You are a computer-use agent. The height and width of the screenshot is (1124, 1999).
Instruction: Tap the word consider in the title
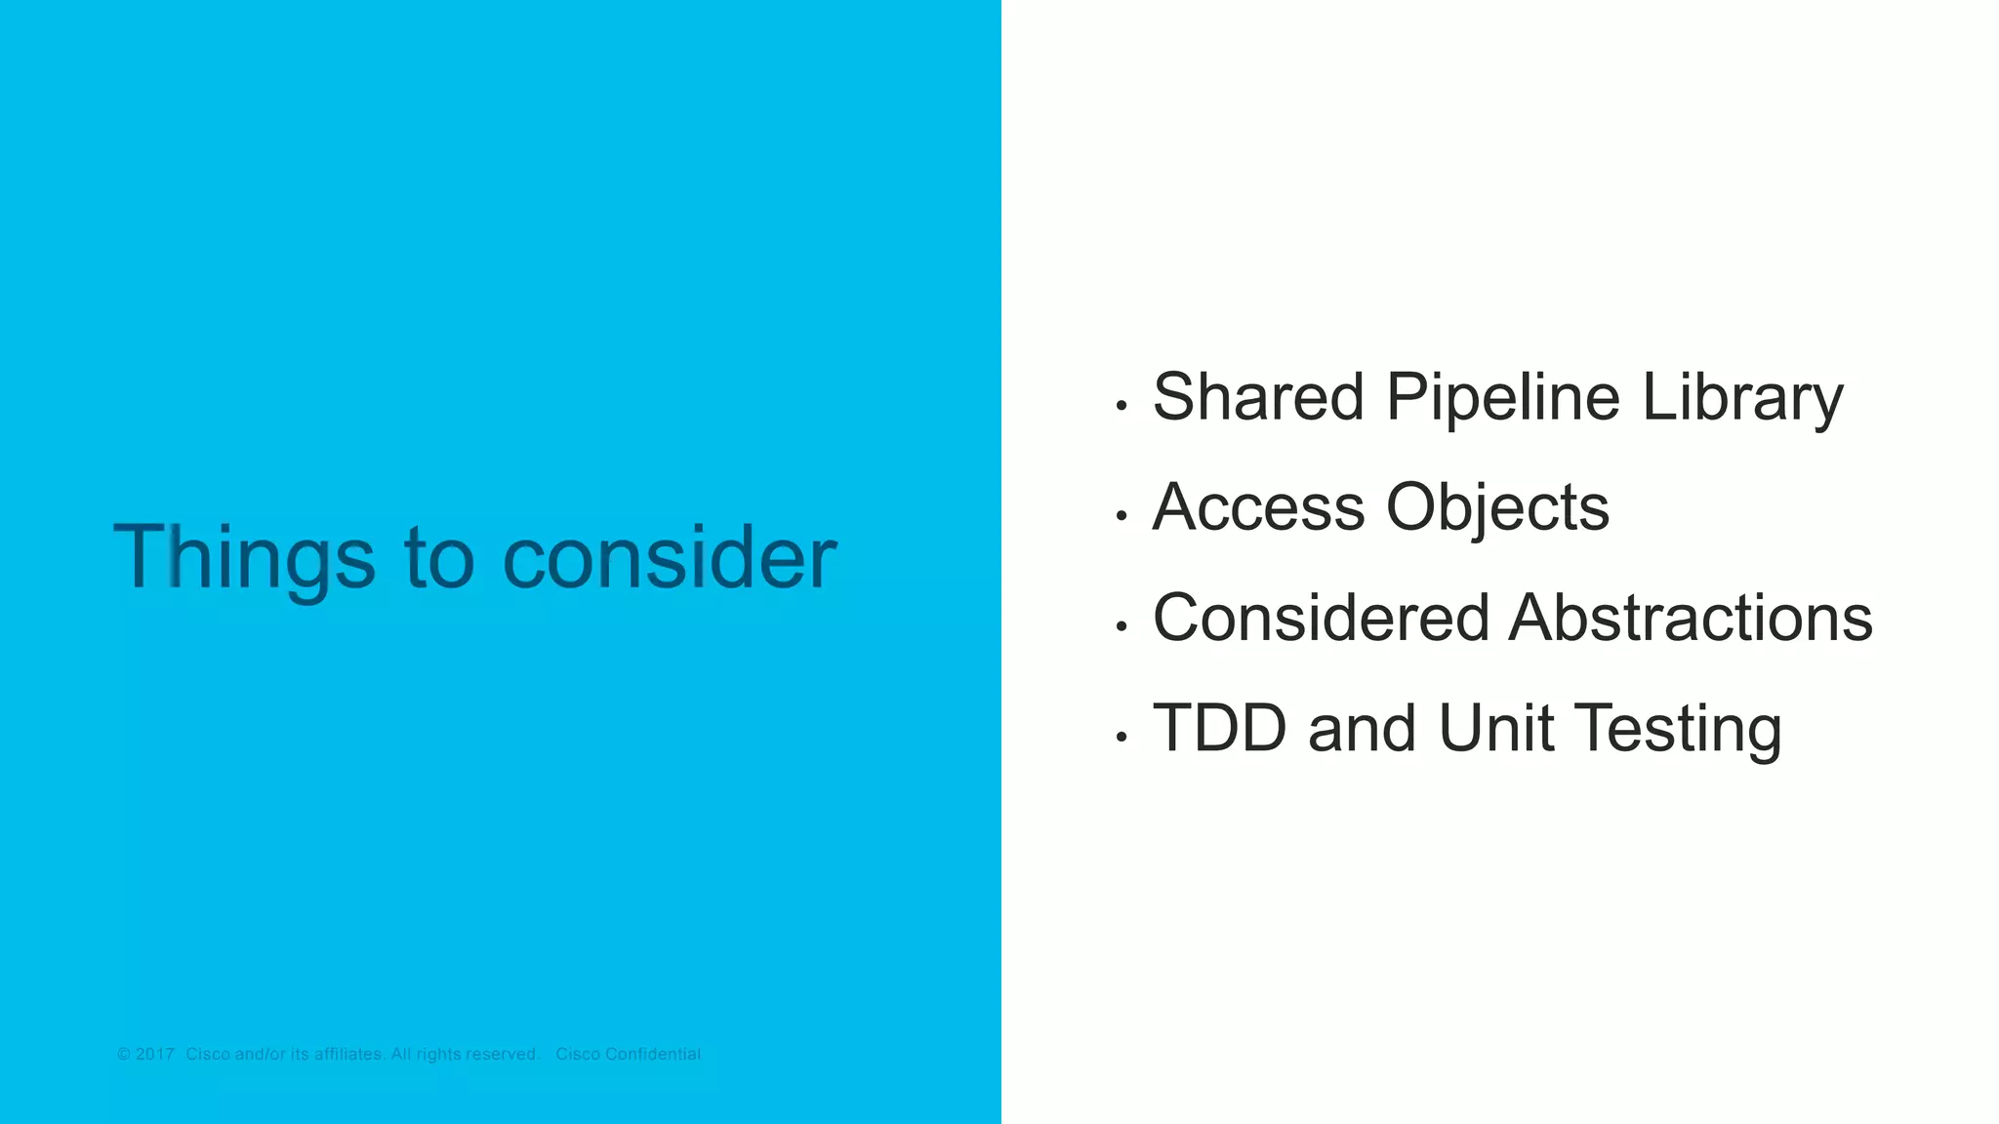coord(670,558)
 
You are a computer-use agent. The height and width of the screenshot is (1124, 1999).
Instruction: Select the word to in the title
coord(438,558)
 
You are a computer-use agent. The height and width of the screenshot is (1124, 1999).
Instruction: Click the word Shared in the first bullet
coord(1258,397)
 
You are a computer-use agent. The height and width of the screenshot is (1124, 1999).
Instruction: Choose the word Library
coord(1742,397)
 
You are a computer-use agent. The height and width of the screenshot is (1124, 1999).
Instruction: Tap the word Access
coord(1258,507)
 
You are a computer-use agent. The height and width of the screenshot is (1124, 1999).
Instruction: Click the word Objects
coord(1497,507)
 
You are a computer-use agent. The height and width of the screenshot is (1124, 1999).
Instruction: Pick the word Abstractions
coord(1691,618)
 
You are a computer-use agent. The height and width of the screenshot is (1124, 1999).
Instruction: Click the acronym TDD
coord(1219,728)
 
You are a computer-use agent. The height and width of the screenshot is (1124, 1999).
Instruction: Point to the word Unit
coord(1495,728)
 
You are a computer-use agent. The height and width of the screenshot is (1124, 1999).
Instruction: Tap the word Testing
coord(1678,730)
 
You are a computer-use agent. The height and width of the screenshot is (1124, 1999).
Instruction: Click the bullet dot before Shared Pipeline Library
coord(1122,405)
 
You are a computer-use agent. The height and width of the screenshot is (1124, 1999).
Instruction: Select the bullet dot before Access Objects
coord(1122,515)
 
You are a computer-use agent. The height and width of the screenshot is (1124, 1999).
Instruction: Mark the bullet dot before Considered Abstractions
coord(1122,625)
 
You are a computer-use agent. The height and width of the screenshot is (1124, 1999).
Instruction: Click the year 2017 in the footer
coord(154,1054)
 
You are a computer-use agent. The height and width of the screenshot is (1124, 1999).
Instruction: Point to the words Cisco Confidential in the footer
coord(628,1054)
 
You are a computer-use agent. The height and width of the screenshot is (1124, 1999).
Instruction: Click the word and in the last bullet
coord(1362,728)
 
